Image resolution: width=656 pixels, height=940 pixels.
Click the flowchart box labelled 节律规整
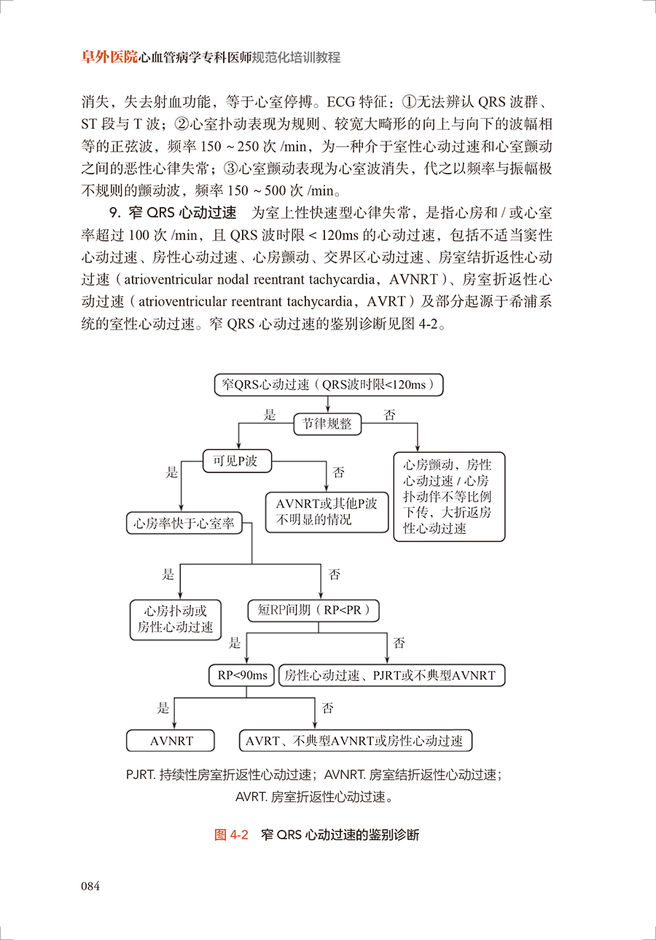click(x=327, y=424)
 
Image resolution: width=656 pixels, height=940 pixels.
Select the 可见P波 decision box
click(x=237, y=461)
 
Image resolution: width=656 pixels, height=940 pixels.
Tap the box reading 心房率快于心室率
click(x=184, y=523)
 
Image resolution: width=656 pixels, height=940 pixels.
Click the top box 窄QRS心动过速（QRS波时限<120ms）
click(x=329, y=384)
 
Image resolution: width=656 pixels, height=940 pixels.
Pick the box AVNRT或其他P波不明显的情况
click(x=327, y=512)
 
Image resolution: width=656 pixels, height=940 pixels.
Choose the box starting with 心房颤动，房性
click(x=449, y=497)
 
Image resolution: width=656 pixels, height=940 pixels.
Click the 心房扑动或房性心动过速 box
click(x=176, y=619)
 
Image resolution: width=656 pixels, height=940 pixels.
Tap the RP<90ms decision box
click(x=241, y=675)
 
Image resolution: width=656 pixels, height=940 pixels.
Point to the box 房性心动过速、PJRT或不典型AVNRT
click(x=391, y=675)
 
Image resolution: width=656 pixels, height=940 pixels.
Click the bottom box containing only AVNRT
click(x=171, y=741)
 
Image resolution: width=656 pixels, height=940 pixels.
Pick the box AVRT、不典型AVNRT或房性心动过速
click(x=356, y=741)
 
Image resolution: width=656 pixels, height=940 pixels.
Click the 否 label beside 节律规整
click(x=389, y=415)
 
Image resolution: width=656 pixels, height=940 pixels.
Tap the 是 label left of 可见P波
click(x=171, y=472)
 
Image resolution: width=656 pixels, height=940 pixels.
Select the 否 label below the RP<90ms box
click(x=327, y=708)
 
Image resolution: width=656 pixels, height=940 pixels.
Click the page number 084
click(x=90, y=886)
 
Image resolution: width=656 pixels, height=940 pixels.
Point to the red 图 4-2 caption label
click(x=231, y=834)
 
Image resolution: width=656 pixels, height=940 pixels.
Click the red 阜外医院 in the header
click(x=109, y=57)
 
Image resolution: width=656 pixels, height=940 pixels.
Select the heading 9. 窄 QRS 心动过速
click(x=173, y=213)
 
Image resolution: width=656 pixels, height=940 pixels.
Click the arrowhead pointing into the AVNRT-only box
click(x=174, y=726)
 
